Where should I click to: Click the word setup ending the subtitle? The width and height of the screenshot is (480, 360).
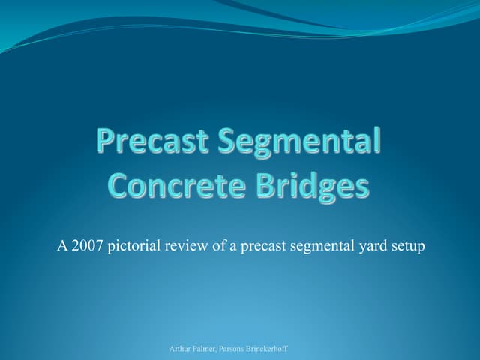point(406,246)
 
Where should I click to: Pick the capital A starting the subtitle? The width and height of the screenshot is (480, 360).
point(62,245)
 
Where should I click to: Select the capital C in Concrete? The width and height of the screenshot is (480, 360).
point(121,184)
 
